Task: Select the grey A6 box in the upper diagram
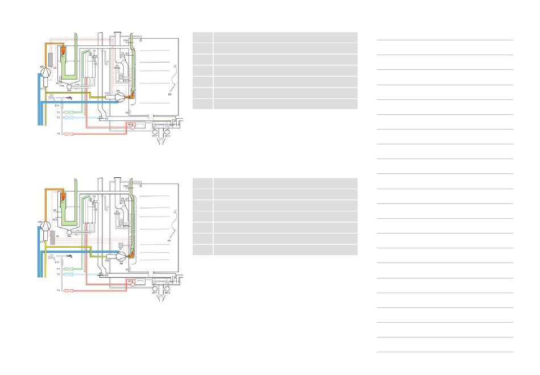point(51,59)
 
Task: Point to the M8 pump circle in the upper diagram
point(120,97)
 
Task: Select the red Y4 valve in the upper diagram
point(69,134)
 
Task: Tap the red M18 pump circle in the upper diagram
point(132,127)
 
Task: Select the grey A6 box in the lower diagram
point(51,238)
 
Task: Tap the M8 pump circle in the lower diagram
point(120,256)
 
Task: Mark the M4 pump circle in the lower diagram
point(69,232)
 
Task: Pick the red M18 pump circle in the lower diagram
point(132,285)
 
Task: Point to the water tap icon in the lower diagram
point(69,257)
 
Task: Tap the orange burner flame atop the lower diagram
point(64,198)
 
